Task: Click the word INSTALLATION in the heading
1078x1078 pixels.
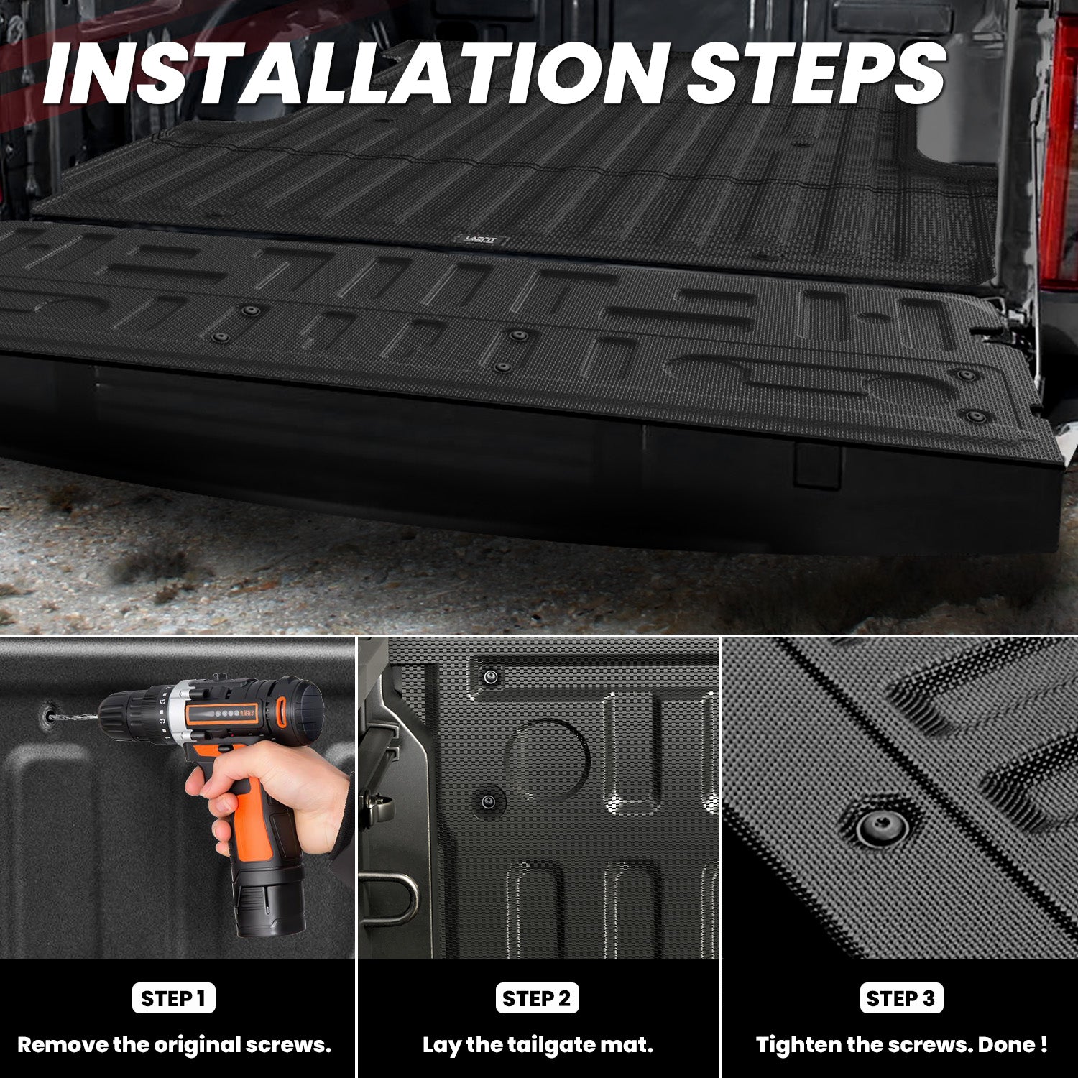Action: (356, 74)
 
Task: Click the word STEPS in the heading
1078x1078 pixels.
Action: (816, 74)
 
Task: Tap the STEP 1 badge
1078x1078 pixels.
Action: (173, 998)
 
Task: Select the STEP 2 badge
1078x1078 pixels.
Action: (537, 998)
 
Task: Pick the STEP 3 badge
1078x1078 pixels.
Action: (900, 998)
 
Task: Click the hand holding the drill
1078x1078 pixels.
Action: (280, 791)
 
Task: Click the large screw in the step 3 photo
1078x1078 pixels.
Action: (882, 826)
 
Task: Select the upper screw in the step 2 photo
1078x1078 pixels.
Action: (491, 676)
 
